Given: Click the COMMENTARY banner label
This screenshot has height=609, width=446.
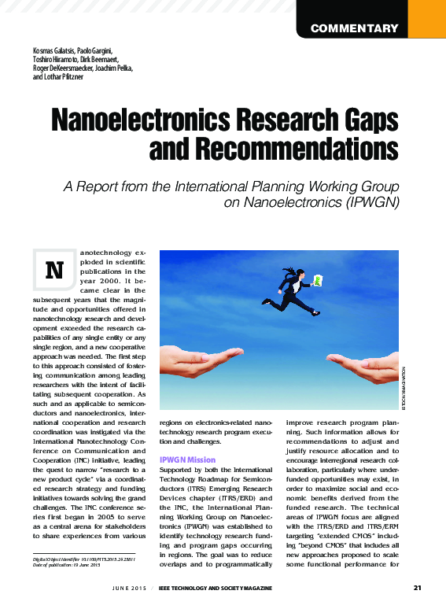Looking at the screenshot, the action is coord(354,29).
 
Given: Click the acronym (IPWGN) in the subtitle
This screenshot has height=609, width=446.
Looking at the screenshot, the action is coord(372,202).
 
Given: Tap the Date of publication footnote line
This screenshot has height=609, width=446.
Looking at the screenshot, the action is coord(68,565).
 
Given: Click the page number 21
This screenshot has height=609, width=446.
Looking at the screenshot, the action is coord(417,588).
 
